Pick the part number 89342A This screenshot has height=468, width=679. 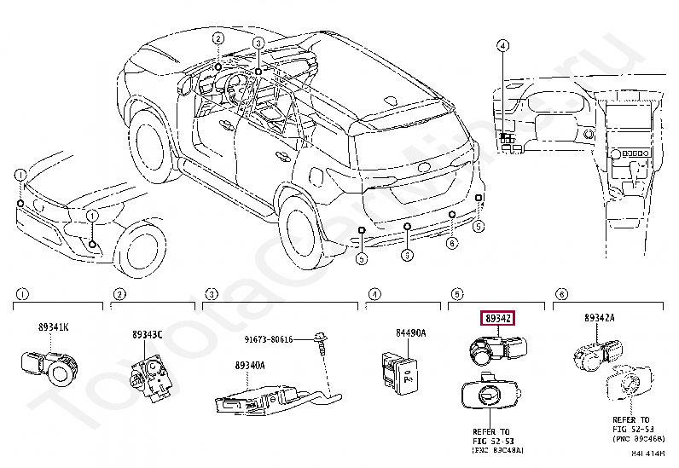600,318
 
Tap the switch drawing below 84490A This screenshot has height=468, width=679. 400,369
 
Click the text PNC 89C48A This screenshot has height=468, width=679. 498,448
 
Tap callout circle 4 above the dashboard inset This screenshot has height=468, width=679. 502,45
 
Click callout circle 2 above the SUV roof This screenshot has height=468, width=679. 218,38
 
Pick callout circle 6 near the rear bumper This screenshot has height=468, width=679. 452,243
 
